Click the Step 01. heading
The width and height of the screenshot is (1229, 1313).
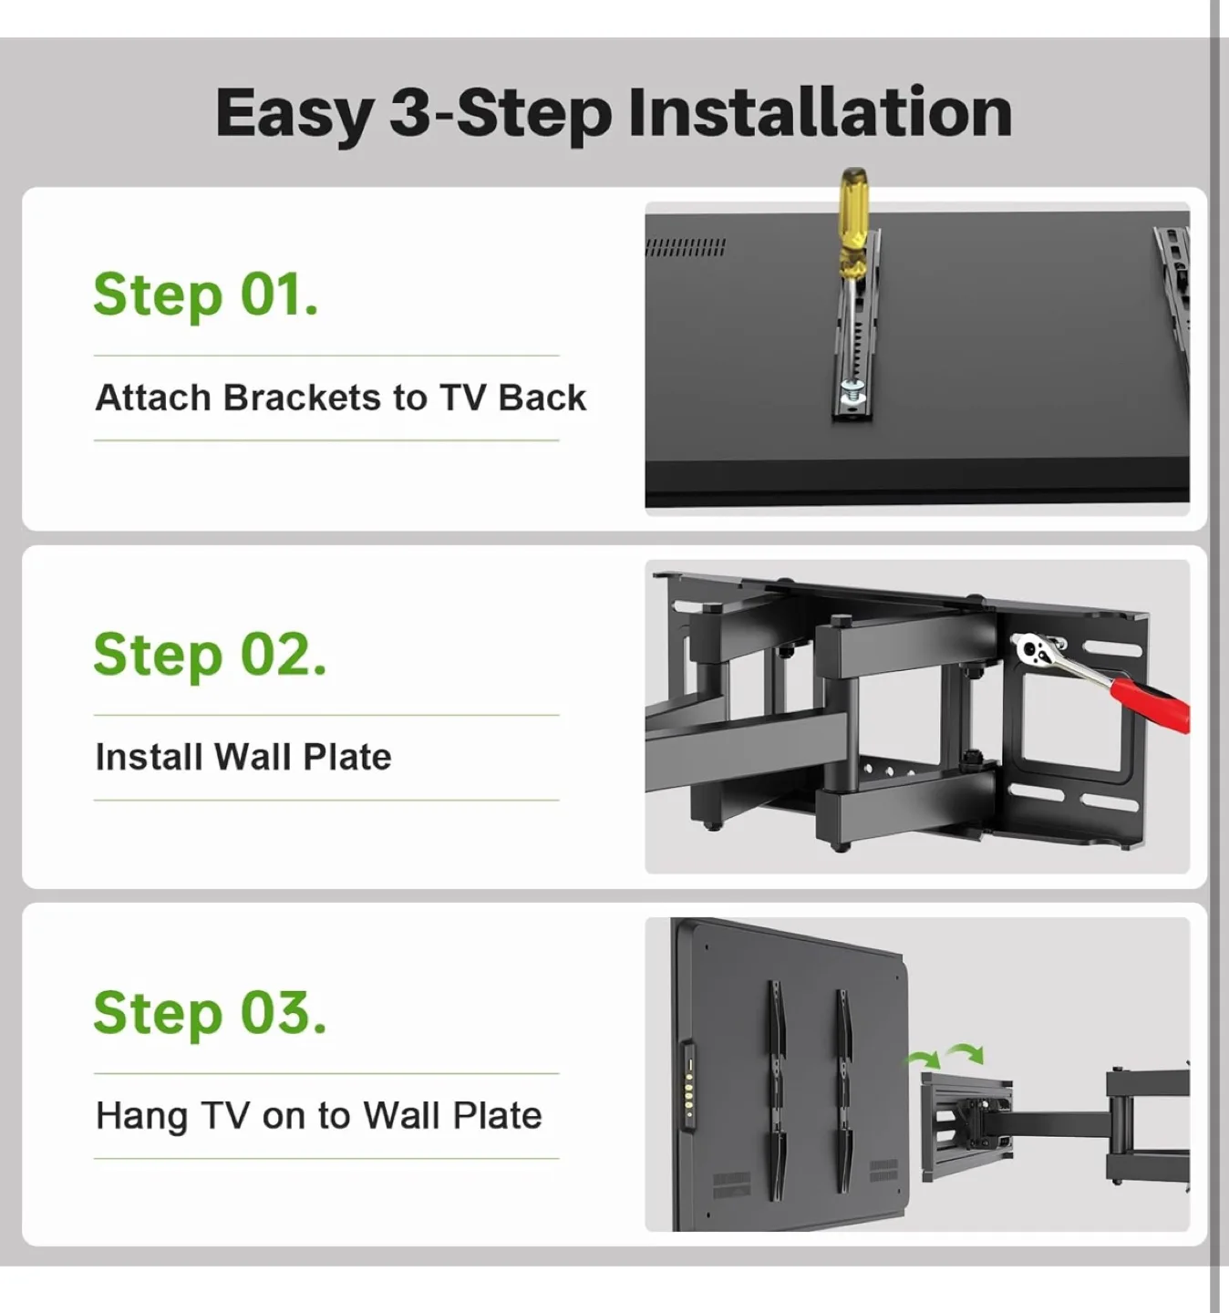tap(206, 295)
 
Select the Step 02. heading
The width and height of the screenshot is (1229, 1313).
tap(210, 655)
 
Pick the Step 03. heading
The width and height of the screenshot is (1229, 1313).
tap(210, 1013)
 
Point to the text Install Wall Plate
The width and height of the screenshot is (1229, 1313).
tap(243, 757)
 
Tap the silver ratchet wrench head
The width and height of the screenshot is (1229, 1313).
tap(1035, 650)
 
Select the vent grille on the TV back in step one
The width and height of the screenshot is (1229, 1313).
tap(686, 247)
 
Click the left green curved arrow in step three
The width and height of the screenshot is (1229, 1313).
tap(923, 1059)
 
